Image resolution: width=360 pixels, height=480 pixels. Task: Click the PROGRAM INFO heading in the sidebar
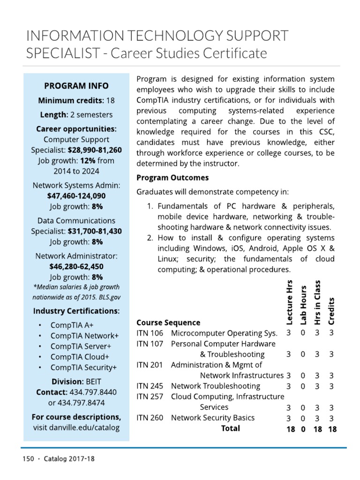(76, 86)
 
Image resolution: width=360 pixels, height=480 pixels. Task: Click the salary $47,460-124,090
(76, 195)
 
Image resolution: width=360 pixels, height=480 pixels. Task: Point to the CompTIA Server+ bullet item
(81, 346)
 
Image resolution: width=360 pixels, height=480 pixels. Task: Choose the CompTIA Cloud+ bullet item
(80, 357)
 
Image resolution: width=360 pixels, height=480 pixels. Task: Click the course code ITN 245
(150, 386)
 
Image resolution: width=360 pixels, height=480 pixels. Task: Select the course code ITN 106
(150, 333)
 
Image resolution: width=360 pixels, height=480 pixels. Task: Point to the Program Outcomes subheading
(172, 178)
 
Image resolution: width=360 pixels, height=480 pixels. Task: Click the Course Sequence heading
(168, 322)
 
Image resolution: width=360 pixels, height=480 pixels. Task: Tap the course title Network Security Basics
(213, 418)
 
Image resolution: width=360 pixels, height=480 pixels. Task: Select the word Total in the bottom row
(230, 428)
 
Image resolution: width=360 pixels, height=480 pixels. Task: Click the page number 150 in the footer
(28, 459)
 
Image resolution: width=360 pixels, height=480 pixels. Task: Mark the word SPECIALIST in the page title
(62, 53)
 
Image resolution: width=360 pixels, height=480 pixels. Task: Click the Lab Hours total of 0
(303, 428)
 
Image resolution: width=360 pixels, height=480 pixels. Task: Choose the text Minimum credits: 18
(76, 100)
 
